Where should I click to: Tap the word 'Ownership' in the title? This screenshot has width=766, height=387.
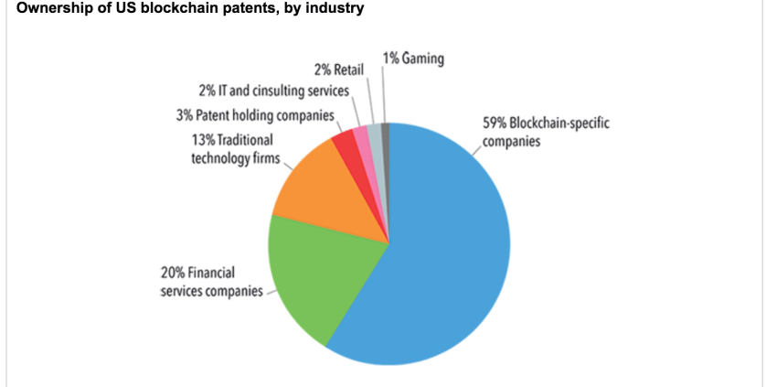tap(43, 8)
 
